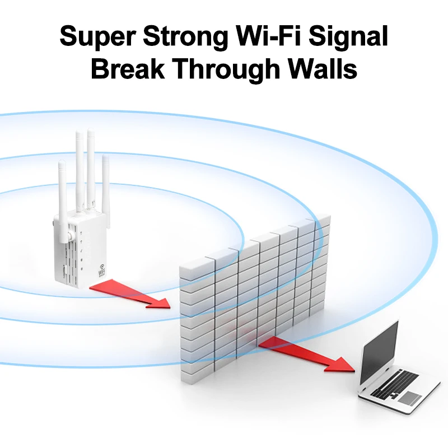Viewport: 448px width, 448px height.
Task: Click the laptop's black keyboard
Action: (399, 383)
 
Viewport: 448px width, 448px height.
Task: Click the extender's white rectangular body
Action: (78, 252)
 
